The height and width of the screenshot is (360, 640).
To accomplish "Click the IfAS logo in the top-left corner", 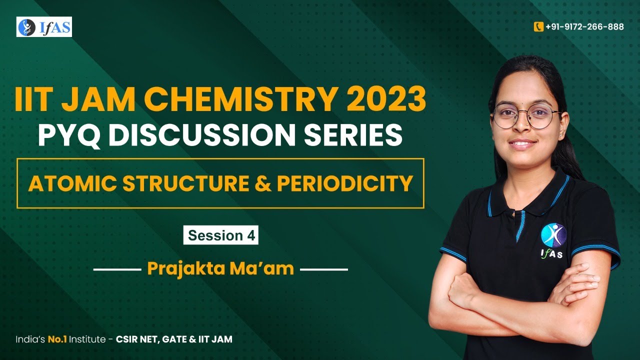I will click(x=44, y=27).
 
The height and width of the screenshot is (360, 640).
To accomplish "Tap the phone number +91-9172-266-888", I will click(x=584, y=27).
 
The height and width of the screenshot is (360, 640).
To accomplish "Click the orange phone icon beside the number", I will click(x=538, y=27).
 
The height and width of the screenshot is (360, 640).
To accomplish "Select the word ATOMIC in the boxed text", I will click(x=69, y=183).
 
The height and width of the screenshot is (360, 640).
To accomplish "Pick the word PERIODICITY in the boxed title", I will click(x=345, y=183).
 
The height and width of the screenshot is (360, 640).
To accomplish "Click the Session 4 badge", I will click(x=220, y=235).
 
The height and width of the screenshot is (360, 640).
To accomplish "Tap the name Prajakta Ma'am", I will click(x=220, y=269).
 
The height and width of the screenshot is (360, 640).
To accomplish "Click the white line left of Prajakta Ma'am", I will click(x=117, y=269).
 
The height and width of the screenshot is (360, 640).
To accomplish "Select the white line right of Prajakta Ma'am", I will click(x=324, y=269).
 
